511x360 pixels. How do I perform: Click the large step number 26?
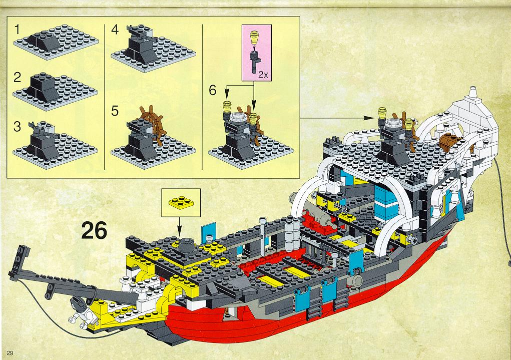(94, 230)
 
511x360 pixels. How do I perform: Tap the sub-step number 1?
(18, 30)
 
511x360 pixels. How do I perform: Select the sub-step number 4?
(115, 30)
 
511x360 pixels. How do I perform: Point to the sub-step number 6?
(213, 90)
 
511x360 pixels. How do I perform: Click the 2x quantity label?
(263, 75)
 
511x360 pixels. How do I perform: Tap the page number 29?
(10, 353)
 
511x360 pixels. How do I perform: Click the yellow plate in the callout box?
(181, 202)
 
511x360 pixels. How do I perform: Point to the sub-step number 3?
(18, 127)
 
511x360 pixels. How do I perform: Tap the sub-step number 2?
(18, 78)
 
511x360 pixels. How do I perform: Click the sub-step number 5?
(115, 111)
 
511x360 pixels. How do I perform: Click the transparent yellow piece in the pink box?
(254, 37)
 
